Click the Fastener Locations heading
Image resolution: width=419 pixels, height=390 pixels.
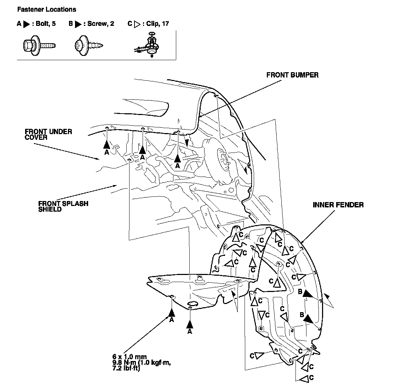click(46, 10)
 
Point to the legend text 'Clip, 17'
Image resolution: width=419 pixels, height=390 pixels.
click(158, 24)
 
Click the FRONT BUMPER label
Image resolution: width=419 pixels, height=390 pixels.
click(292, 75)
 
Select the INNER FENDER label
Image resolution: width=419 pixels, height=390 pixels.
click(338, 205)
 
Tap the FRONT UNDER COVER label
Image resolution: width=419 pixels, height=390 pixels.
click(48, 134)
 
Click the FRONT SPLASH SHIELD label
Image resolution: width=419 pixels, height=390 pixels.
click(63, 206)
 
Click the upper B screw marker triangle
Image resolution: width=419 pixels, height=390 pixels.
click(308, 293)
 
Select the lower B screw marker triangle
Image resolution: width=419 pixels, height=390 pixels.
click(308, 319)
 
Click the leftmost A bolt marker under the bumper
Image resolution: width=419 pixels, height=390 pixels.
click(107, 144)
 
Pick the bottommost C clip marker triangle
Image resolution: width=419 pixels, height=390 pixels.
click(304, 379)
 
